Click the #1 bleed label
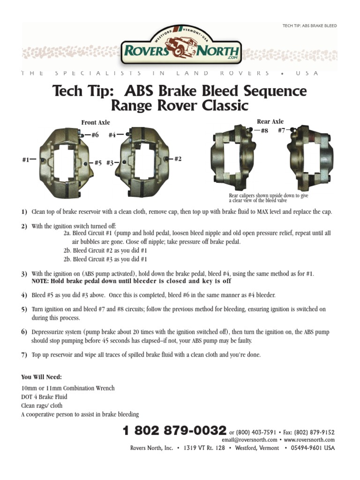[26, 160]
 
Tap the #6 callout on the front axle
[95, 135]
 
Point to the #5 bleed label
[98, 163]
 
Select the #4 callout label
[112, 135]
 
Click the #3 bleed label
[110, 163]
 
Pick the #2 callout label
[178, 159]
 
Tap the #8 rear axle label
[264, 131]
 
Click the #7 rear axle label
[282, 130]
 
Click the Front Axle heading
[96, 122]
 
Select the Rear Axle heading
[270, 121]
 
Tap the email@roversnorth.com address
[249, 440]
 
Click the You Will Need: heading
[41, 377]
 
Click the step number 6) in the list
[24, 332]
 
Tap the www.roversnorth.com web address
[309, 440]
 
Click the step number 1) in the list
[24, 212]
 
